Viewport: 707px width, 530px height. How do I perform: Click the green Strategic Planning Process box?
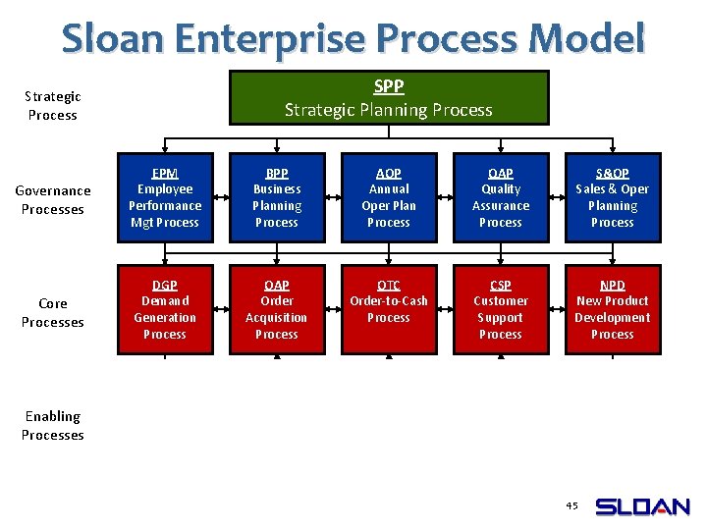coord(389,98)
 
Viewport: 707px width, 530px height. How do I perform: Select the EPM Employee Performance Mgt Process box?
coord(165,198)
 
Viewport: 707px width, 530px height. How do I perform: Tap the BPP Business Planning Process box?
coord(277,198)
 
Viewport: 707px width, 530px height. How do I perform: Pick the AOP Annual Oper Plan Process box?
coord(389,198)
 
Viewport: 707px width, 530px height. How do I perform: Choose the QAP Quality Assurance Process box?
coord(501,198)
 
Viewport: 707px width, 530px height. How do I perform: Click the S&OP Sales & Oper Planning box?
coord(613,198)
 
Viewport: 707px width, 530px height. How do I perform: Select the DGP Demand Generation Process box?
coord(165,310)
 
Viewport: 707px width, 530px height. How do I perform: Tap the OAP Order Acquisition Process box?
coord(277,310)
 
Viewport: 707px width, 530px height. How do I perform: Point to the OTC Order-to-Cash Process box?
coord(389,310)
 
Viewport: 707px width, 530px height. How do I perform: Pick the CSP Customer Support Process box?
coord(501,310)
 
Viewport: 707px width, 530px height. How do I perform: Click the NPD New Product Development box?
coord(613,310)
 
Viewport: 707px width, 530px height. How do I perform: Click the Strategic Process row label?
coord(53,106)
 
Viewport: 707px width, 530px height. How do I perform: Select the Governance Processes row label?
coord(53,200)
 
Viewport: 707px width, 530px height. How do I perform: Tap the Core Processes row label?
coord(53,313)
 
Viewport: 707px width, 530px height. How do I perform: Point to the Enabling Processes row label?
coord(53,426)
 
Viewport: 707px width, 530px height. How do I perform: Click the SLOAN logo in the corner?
coord(643,507)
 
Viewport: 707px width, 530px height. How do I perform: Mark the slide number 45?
coord(572,505)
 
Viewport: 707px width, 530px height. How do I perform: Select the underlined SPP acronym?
coord(389,86)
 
